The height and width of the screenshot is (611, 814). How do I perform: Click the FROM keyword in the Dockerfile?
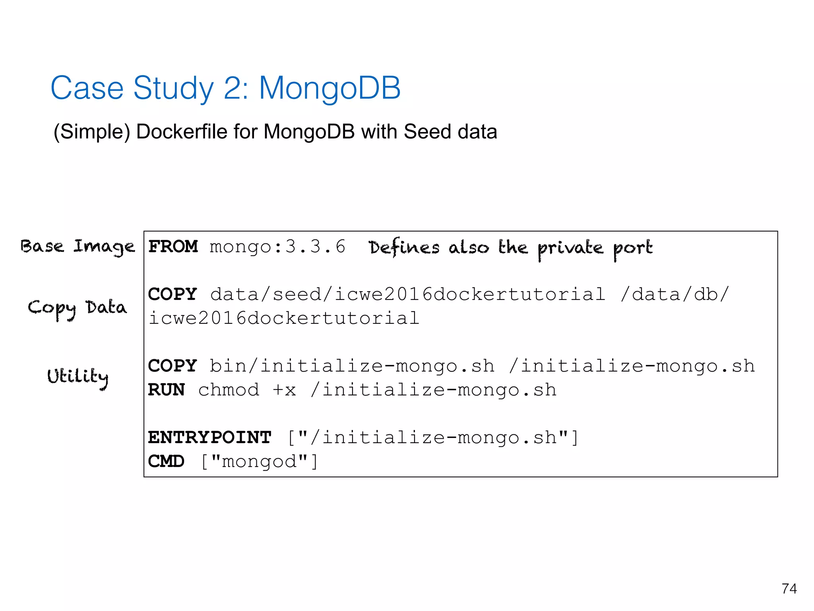point(173,247)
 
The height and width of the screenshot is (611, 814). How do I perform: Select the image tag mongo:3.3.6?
point(277,247)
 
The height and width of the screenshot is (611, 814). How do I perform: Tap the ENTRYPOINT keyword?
point(209,438)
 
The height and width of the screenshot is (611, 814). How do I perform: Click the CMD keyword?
point(166,461)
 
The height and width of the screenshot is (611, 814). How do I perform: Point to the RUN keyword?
point(166,390)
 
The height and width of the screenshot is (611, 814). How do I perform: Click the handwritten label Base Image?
point(78,247)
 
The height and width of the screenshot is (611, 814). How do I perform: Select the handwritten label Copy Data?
point(78,308)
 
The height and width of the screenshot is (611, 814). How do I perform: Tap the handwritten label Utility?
point(78,376)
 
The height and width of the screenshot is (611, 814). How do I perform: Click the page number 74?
point(789,588)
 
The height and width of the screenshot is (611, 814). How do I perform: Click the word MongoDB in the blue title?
point(329,88)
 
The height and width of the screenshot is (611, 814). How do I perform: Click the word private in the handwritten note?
point(570,248)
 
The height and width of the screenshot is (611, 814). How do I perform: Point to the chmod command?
point(229,390)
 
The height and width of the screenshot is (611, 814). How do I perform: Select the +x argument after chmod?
point(285,390)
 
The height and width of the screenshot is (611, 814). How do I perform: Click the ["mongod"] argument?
point(259,461)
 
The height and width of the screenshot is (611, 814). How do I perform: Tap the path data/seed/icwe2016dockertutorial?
point(408,294)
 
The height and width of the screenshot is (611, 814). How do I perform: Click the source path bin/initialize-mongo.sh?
point(352,366)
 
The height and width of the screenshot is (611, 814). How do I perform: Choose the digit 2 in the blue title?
point(232,88)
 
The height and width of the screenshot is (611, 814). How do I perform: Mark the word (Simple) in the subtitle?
point(92,132)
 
